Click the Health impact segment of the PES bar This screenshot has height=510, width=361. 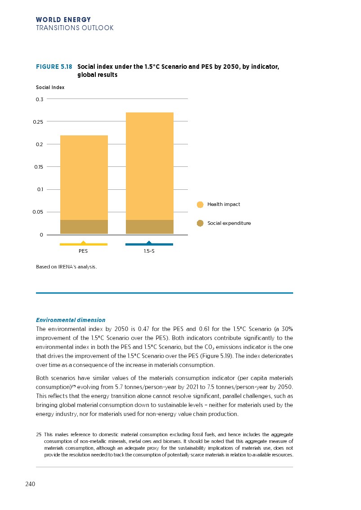click(x=84, y=178)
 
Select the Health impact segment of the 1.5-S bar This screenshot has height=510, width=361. click(x=149, y=166)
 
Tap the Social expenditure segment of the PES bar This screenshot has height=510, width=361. click(x=84, y=227)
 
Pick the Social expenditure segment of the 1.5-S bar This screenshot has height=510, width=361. click(x=149, y=227)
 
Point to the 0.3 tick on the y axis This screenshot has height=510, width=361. click(x=40, y=99)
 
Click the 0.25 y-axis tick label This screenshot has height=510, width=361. click(x=38, y=122)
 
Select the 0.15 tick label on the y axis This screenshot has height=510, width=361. click(x=38, y=167)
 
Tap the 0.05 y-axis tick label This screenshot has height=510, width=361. click(x=38, y=212)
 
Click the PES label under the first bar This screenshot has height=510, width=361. click(x=83, y=251)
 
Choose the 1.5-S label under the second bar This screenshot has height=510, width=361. click(x=149, y=251)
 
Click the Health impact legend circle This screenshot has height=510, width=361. click(x=200, y=205)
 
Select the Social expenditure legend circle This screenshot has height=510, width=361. click(x=200, y=224)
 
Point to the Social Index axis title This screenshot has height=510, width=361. click(x=50, y=88)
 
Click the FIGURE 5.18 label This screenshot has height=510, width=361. click(x=54, y=67)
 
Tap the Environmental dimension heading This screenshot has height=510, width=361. click(x=71, y=320)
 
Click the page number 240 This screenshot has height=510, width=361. click(x=30, y=484)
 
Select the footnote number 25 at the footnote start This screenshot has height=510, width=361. click(x=39, y=434)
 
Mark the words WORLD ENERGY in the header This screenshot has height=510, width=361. click(x=63, y=20)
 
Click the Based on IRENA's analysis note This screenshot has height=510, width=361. click(x=66, y=267)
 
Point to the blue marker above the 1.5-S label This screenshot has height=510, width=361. click(x=149, y=243)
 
